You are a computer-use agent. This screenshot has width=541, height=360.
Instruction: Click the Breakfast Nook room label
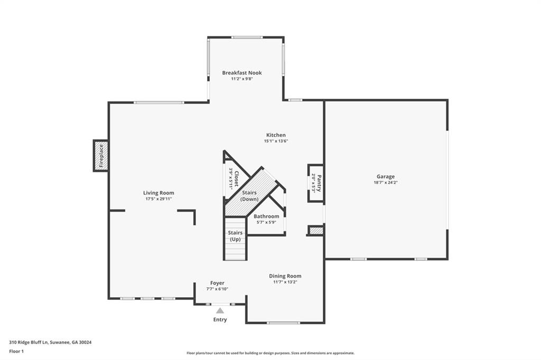click(x=242, y=73)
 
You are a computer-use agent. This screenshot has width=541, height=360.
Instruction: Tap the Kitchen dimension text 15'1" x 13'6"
click(x=276, y=141)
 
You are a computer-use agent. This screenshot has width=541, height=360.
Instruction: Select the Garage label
click(x=385, y=176)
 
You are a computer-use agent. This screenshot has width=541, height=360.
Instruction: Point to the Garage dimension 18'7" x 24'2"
click(x=385, y=183)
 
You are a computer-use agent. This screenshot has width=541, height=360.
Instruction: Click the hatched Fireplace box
click(x=101, y=156)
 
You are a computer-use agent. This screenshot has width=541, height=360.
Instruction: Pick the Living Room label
click(x=158, y=193)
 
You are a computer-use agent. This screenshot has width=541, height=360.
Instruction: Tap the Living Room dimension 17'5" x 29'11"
click(x=158, y=199)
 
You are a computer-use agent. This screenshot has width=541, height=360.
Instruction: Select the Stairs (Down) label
click(x=249, y=196)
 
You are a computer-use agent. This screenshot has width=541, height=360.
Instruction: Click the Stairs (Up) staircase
click(x=236, y=238)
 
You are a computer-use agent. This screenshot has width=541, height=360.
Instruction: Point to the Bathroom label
click(x=266, y=216)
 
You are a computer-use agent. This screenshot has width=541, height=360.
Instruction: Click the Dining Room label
click(x=285, y=276)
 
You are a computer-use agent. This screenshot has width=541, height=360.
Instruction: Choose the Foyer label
click(x=217, y=283)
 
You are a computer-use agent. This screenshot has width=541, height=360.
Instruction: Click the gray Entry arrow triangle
click(x=220, y=310)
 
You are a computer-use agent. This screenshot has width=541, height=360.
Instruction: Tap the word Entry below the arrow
click(x=220, y=320)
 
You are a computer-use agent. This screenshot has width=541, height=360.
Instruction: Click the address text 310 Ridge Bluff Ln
click(x=29, y=343)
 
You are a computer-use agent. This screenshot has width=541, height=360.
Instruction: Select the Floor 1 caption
click(x=16, y=352)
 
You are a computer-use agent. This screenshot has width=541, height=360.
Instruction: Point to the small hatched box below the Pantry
click(x=316, y=231)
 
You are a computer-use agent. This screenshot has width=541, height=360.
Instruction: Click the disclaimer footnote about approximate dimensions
click(x=270, y=353)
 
